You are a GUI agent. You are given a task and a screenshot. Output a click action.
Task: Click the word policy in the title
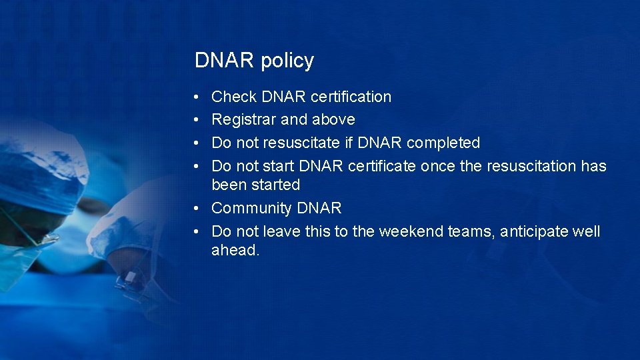click(287, 61)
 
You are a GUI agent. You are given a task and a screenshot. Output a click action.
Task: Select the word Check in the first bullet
click(234, 97)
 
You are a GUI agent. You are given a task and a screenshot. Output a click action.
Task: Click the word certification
click(351, 97)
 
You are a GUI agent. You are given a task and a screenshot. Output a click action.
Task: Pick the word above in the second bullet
click(333, 120)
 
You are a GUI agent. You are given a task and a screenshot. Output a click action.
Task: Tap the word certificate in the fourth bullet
click(383, 166)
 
